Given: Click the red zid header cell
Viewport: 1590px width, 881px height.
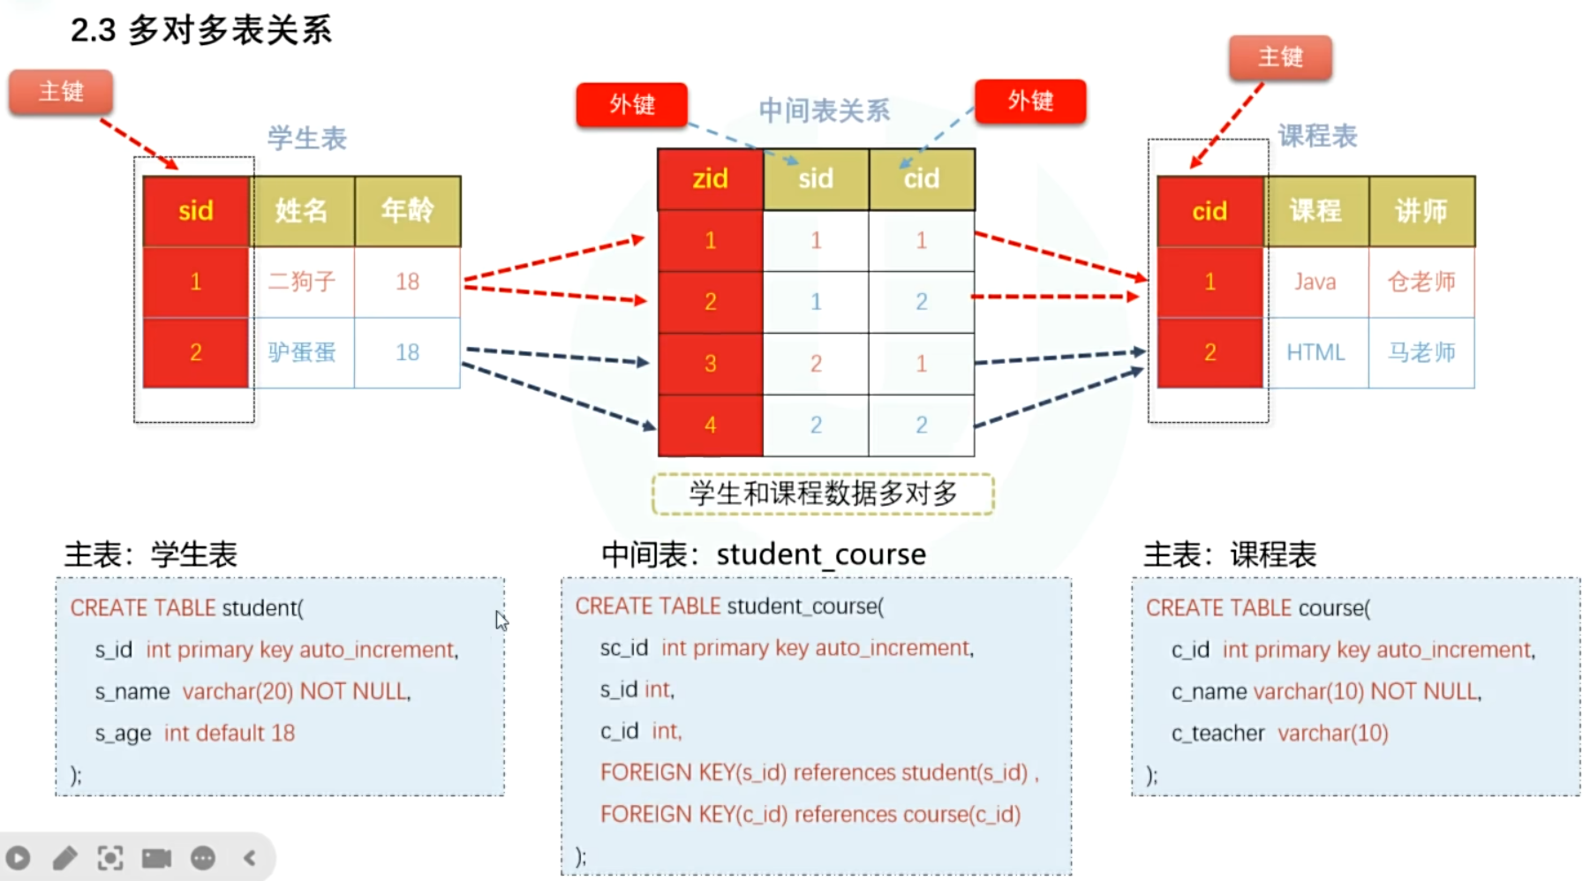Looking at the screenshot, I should point(710,179).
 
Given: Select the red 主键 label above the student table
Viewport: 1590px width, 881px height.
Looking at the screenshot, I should point(61,92).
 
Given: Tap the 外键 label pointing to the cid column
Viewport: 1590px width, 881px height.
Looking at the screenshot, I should point(1030,102).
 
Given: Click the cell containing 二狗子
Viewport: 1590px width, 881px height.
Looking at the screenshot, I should point(302,282).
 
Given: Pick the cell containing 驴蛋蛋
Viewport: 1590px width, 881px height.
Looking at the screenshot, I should point(302,352).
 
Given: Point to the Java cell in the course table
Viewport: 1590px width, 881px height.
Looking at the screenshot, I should point(1315,282).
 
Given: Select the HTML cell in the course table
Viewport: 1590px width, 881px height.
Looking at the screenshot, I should point(1315,352).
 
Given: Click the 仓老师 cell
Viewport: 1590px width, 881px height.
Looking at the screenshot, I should point(1421,282).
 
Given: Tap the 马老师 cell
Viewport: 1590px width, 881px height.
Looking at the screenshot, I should point(1421,352).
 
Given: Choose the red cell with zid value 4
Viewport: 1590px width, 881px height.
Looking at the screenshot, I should point(710,425).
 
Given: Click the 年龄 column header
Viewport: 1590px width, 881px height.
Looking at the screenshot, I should point(407,211).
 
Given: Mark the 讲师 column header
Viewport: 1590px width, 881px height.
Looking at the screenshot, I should point(1421,211).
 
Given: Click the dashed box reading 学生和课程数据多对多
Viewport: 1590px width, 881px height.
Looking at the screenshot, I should point(823,494).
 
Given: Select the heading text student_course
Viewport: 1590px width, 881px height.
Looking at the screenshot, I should point(821,554).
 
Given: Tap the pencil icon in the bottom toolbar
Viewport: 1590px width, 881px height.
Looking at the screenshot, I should point(65,858).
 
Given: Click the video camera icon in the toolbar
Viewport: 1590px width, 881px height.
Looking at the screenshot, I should point(156,858).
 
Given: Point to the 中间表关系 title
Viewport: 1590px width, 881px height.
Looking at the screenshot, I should point(824,111).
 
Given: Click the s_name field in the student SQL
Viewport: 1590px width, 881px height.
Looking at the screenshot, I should point(132,692).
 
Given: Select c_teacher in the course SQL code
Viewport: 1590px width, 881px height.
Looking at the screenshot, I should point(1217,734).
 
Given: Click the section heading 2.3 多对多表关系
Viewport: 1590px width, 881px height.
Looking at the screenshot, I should point(201,31).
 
